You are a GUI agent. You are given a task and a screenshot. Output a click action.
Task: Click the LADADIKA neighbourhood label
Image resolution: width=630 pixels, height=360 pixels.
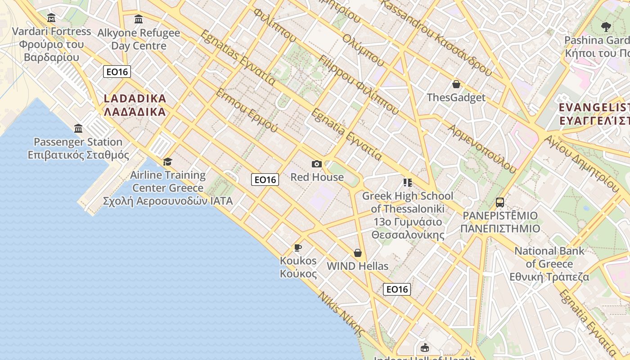[135, 105]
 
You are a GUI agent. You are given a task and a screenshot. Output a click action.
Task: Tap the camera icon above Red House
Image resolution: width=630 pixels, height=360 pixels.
[317, 164]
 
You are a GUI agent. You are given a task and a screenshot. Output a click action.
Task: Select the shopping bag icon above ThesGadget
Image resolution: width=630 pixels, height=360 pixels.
[456, 84]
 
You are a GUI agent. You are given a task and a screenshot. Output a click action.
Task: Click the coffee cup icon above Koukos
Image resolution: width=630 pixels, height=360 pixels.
[297, 247]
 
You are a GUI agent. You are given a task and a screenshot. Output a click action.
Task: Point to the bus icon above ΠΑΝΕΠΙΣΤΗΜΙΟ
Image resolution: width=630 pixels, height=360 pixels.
[500, 202]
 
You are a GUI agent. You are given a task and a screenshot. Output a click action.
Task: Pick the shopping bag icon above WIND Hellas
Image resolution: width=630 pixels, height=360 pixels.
[358, 253]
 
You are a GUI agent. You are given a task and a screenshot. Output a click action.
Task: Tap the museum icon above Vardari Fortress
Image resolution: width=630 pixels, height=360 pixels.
[51, 18]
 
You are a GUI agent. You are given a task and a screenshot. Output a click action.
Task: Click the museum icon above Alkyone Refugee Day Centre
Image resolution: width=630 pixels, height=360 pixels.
[139, 19]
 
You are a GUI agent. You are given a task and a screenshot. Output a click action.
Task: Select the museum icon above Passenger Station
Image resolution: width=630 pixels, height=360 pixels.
[78, 129]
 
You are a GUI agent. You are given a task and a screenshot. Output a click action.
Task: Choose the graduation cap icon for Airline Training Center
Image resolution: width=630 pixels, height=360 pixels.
[168, 162]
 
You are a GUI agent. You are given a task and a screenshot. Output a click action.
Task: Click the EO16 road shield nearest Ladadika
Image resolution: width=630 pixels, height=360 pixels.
[117, 72]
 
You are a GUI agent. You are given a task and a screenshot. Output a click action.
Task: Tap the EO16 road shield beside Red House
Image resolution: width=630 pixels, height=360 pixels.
[265, 180]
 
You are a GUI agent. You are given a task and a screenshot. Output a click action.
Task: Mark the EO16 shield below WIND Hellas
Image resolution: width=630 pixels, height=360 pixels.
[397, 289]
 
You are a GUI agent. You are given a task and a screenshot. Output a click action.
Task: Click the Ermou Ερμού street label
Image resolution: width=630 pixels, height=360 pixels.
[247, 110]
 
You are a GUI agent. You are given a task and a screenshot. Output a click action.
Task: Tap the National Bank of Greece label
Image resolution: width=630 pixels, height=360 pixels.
[549, 264]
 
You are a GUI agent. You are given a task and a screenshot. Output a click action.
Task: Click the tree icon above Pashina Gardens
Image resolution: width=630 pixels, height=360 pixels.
[606, 27]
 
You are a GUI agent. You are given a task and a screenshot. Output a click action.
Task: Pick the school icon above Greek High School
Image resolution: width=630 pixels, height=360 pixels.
[408, 183]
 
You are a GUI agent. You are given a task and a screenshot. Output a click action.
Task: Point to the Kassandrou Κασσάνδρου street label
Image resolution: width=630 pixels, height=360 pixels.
[437, 36]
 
